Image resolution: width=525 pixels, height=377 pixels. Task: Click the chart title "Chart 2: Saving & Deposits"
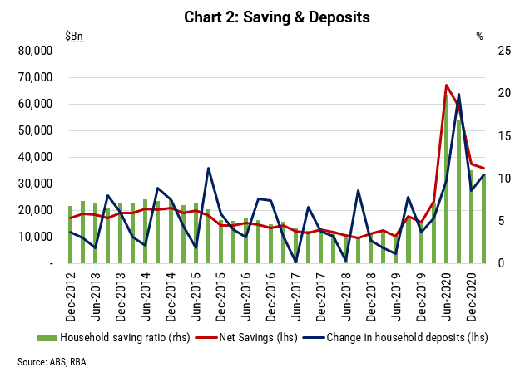[x=277, y=17]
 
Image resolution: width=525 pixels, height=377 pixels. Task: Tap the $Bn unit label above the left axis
[x=74, y=36]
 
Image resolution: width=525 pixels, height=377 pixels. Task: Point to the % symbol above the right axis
[x=480, y=36]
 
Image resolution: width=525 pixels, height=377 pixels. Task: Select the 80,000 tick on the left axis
[x=35, y=51]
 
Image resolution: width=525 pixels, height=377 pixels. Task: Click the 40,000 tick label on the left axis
[x=35, y=157]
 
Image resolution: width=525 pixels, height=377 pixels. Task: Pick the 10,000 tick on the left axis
[x=35, y=237]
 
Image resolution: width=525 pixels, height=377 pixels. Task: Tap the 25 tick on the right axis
[x=504, y=51]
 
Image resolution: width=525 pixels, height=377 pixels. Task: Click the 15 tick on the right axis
[x=504, y=135]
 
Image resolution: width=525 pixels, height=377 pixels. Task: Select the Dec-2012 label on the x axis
[x=71, y=297]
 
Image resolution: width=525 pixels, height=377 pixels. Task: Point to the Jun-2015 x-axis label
[x=196, y=297]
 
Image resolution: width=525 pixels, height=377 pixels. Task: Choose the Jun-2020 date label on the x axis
[x=446, y=297]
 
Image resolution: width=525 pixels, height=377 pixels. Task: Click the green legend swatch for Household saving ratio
[x=47, y=338]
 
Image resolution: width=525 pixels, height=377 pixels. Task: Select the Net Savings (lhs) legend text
[x=258, y=338]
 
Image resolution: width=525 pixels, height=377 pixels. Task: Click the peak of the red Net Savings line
[x=446, y=85]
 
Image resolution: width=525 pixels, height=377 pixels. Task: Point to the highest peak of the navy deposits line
[x=458, y=95]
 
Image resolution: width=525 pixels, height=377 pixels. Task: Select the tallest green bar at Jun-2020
[x=446, y=179]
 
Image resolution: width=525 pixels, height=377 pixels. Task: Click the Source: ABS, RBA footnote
[x=52, y=362]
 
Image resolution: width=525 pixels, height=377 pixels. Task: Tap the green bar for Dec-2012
[x=71, y=235]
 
